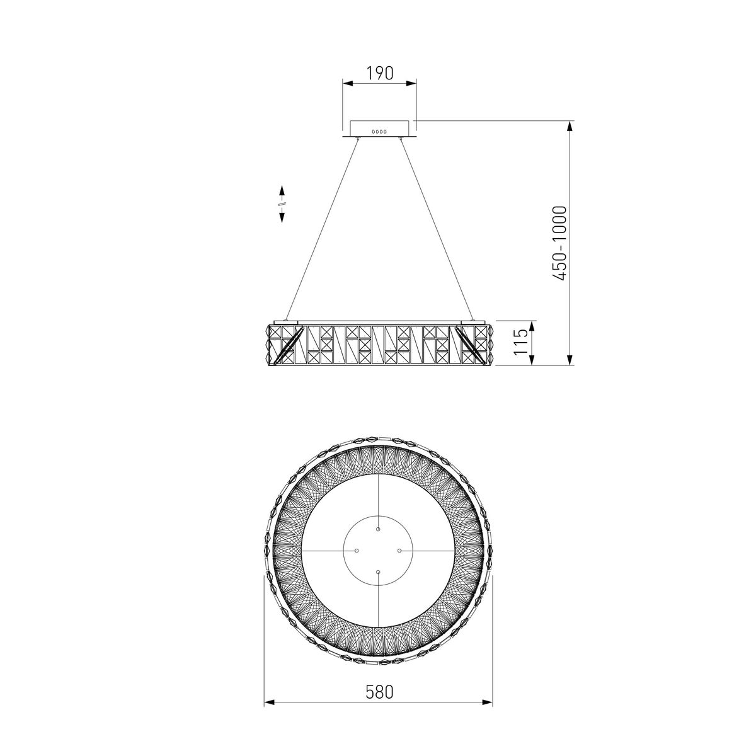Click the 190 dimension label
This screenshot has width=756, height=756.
(x=379, y=73)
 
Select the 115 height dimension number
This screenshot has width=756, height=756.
(x=521, y=342)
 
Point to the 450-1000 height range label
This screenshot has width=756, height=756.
(x=559, y=243)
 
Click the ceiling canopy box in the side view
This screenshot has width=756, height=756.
(x=379, y=129)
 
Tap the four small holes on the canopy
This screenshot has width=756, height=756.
(x=379, y=132)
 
